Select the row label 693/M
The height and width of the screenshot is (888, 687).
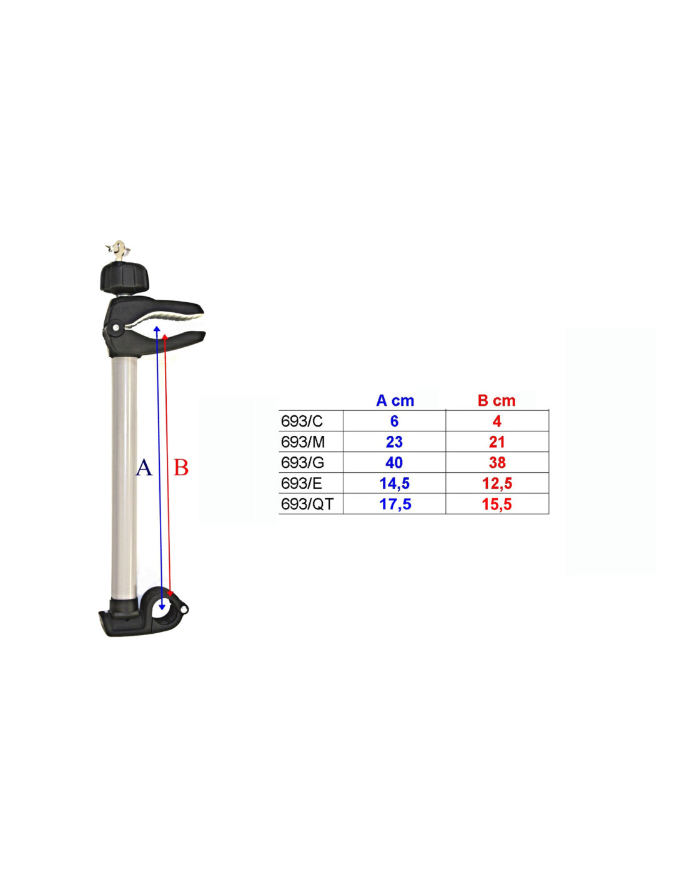coord(302,442)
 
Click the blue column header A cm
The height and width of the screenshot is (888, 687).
coord(395,400)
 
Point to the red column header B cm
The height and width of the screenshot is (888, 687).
coord(497,400)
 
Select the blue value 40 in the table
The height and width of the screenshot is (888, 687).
coord(394,463)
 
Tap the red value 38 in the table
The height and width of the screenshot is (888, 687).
coord(497,463)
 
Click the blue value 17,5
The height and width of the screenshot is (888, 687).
coord(395,505)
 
